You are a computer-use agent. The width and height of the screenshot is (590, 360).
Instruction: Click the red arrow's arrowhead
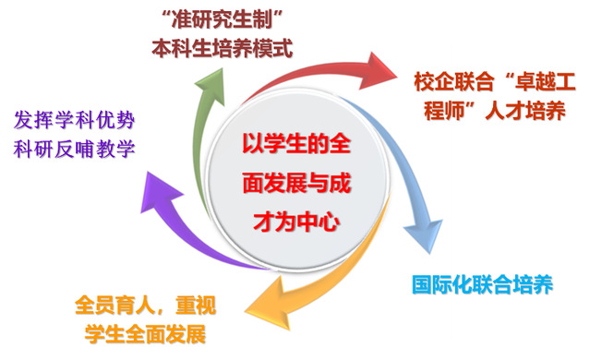click(378, 71)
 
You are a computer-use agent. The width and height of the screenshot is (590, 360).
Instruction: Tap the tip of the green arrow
click(222, 68)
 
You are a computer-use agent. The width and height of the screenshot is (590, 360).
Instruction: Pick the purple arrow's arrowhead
click(158, 192)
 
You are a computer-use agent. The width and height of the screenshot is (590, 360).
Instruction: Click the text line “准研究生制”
click(222, 19)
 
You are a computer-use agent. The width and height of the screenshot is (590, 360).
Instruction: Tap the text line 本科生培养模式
click(222, 48)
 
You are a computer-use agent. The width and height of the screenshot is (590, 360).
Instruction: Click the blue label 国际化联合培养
click(482, 284)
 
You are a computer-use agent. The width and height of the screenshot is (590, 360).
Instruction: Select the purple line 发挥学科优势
click(74, 120)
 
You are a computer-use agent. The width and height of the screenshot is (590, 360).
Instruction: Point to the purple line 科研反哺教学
click(74, 149)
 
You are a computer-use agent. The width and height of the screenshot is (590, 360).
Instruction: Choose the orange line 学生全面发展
click(146, 333)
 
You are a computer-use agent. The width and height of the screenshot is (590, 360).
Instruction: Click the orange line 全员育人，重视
click(146, 305)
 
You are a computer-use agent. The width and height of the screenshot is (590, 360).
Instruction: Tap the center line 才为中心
click(296, 222)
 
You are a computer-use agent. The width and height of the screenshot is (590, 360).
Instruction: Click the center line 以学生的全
click(296, 144)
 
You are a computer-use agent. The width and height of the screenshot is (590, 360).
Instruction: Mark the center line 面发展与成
click(296, 183)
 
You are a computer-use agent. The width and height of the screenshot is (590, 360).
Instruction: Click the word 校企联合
click(453, 81)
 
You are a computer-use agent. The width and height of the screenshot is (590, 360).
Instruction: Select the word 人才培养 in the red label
click(525, 111)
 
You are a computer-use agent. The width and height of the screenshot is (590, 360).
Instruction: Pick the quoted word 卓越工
click(546, 81)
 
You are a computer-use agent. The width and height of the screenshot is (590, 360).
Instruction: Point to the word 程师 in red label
click(444, 111)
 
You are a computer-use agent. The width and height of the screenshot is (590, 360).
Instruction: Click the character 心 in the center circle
click(329, 222)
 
